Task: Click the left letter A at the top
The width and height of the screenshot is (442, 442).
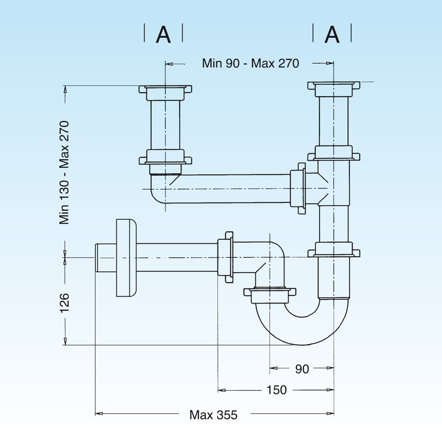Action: pos(163,35)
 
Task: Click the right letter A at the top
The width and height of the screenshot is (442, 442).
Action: pos(332,35)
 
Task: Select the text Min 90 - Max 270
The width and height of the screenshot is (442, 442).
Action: pos(250,63)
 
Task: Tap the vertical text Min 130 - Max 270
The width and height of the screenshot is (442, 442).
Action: pos(64,172)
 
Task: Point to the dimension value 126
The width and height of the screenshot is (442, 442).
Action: pos(64,303)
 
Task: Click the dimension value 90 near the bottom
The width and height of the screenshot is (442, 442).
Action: pos(302,369)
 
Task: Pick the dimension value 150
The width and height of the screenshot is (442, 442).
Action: pos(276,390)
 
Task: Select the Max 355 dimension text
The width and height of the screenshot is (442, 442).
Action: pos(213,415)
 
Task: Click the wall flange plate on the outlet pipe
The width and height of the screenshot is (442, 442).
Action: pos(126,258)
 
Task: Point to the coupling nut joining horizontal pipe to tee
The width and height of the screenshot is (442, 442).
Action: pos(298,189)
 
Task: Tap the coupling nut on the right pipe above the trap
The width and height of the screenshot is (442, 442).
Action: pos(333,250)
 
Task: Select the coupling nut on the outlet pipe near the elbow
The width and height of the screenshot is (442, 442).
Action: pos(225,257)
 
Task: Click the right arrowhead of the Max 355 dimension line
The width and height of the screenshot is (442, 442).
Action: pos(331,414)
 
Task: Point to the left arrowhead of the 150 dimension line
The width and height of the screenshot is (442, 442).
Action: pos(221,390)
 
